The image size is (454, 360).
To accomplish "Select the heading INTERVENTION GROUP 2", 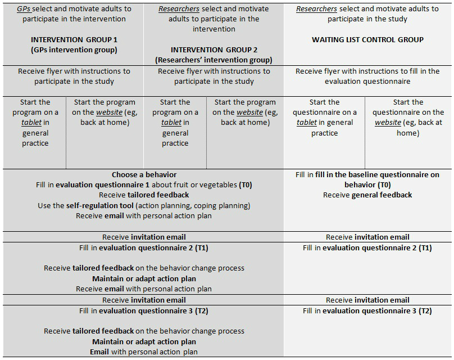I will pos(214,50).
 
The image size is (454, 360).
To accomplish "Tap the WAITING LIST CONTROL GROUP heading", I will pos(367,40).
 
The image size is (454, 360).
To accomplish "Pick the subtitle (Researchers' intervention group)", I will pos(214,60).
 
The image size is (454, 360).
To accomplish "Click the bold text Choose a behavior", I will pos(144,175).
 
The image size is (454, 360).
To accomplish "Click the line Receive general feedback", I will pos(367,195).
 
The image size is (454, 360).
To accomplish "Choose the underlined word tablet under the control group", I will pos(307,123).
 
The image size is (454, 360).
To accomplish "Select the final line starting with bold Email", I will pos(144,352).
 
